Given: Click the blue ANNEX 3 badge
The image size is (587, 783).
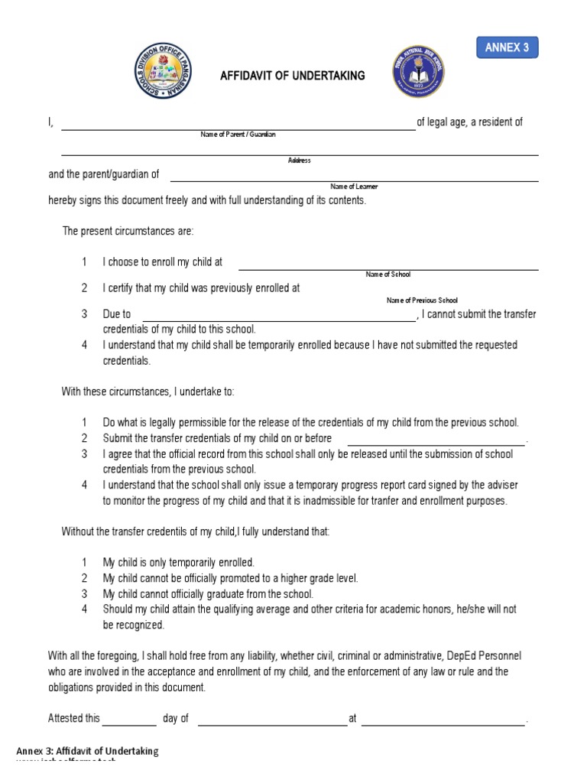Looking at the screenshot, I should [x=508, y=47].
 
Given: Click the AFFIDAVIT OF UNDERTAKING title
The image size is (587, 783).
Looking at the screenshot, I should [x=293, y=76].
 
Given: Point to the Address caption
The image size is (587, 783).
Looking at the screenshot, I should [x=299, y=161].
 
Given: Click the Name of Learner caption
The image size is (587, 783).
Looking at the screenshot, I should [x=354, y=187].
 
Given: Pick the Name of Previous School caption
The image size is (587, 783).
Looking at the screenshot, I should [x=422, y=301].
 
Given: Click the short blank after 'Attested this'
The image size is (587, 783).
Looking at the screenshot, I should [x=129, y=723].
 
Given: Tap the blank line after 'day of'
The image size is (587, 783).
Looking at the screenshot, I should [x=272, y=723].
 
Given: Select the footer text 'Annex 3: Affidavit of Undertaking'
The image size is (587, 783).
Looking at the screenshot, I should [x=87, y=751].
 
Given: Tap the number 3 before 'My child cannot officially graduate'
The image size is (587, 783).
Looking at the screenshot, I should [x=85, y=594].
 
